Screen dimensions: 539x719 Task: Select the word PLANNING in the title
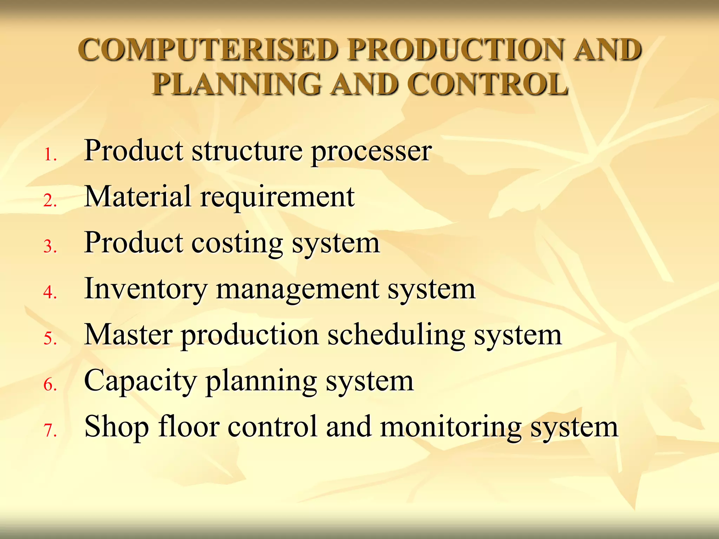[237, 85]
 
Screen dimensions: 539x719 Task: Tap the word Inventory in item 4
[146, 290]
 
